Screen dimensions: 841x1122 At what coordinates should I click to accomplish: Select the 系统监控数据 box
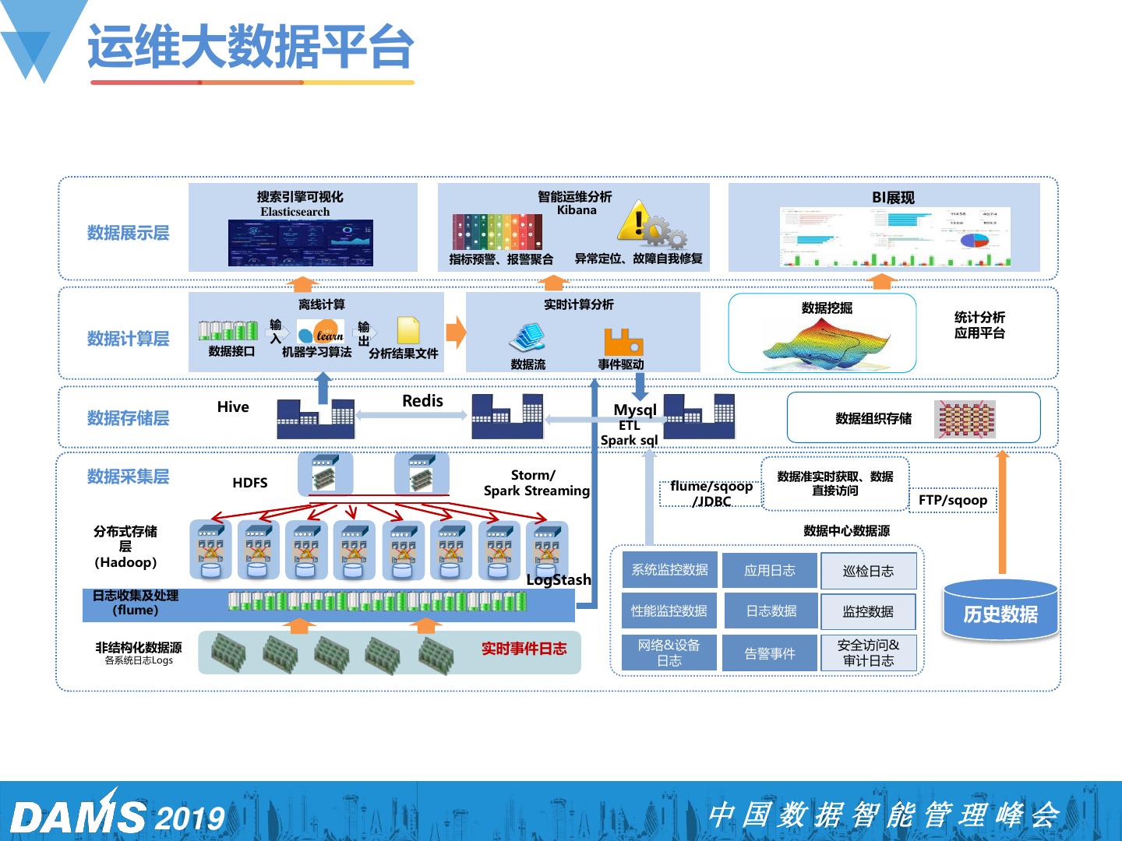click(669, 570)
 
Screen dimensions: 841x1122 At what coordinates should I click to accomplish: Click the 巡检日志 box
click(868, 571)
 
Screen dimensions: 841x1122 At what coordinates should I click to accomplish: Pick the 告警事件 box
click(770, 653)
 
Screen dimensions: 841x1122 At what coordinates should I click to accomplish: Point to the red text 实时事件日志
click(524, 649)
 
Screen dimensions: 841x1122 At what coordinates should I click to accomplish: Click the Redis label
click(422, 401)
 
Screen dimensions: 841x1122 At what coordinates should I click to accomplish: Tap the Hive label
click(233, 406)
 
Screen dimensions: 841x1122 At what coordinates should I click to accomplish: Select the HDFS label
click(249, 483)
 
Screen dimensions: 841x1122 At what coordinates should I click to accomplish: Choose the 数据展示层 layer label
click(128, 233)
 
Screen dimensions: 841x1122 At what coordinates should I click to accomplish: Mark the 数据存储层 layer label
click(128, 418)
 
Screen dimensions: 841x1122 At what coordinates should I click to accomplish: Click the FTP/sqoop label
click(952, 500)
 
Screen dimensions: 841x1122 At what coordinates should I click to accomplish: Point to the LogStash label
click(558, 579)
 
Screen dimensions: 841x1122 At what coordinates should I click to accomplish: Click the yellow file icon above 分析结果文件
click(408, 331)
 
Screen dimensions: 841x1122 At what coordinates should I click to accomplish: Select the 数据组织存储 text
click(873, 419)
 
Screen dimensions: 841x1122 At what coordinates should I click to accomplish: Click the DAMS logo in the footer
click(78, 816)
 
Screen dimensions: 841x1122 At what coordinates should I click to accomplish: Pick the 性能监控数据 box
click(669, 611)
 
